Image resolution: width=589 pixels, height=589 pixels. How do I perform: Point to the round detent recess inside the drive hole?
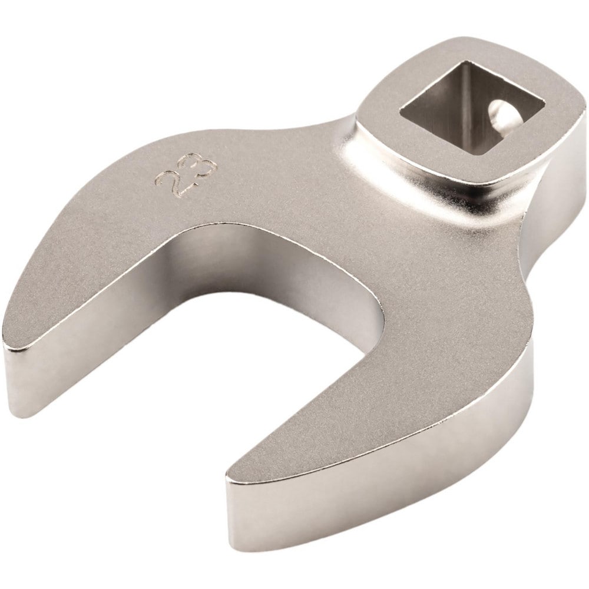point(502,112)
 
